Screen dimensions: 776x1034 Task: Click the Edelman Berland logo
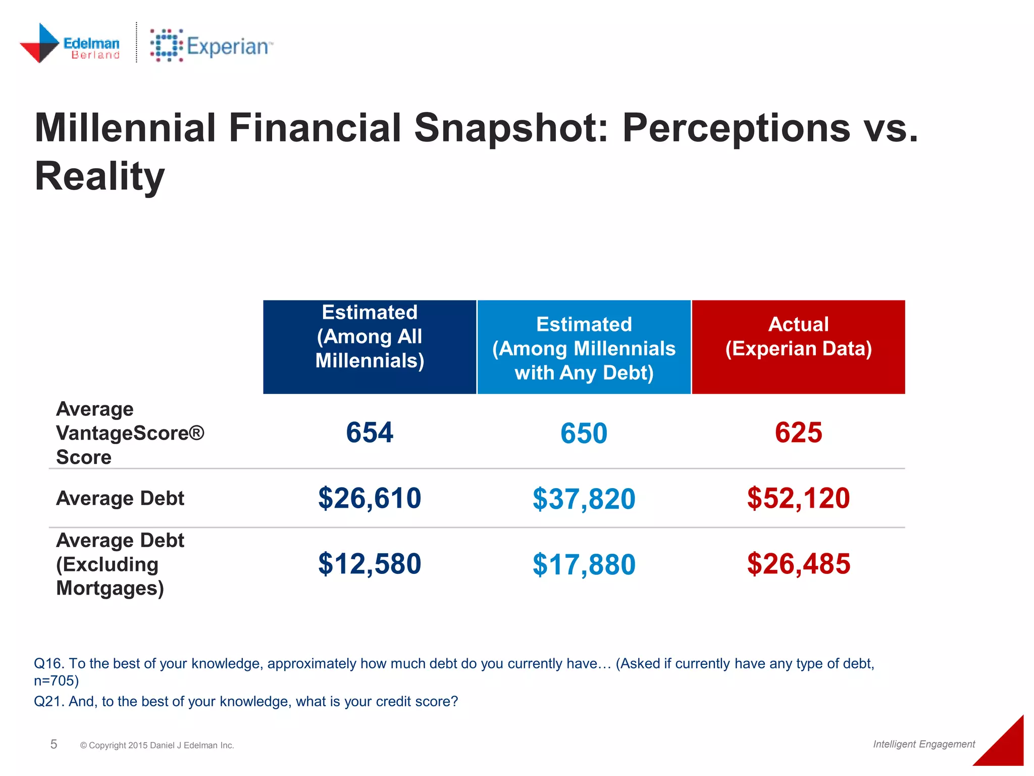[70, 43]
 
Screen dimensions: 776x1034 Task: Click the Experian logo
[211, 46]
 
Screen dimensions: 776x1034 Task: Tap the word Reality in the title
[99, 176]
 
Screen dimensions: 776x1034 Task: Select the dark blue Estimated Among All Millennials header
[370, 347]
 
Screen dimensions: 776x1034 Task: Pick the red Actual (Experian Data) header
[798, 347]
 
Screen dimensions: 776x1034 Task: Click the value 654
[370, 433]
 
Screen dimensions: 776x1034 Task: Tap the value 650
[584, 433]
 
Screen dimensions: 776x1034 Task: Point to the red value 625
[798, 433]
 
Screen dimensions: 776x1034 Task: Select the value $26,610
[370, 498]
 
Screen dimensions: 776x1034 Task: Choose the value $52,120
[798, 498]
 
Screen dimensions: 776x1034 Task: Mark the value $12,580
[370, 564]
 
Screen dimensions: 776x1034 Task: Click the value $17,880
[584, 564]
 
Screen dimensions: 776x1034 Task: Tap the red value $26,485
[798, 564]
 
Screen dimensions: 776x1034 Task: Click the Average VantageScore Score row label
[130, 433]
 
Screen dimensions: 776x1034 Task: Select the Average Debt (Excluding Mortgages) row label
[120, 564]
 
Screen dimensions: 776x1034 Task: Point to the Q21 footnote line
[246, 701]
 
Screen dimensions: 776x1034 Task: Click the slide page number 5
[54, 744]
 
